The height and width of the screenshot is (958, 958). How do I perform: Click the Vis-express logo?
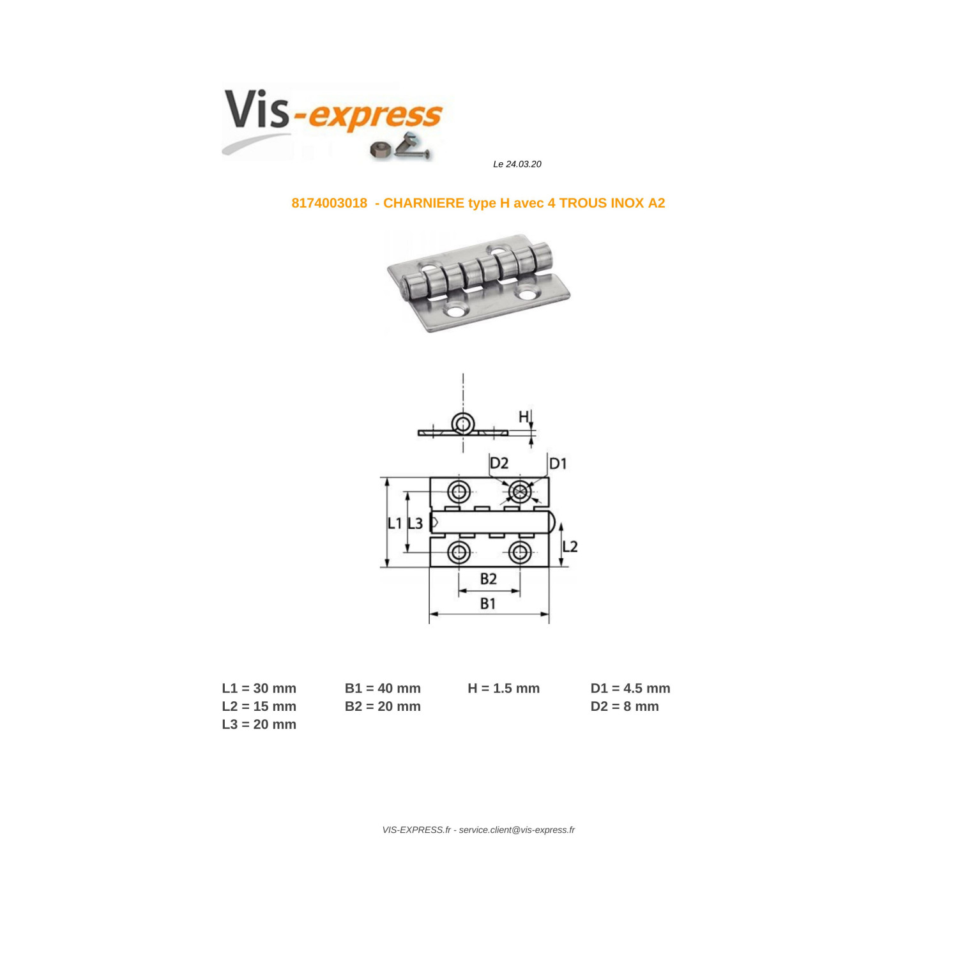[x=332, y=123]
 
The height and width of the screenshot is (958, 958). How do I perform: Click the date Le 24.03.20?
[x=517, y=164]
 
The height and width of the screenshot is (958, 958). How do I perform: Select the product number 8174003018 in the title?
[x=330, y=203]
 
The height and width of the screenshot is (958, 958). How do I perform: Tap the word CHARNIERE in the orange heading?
[x=423, y=203]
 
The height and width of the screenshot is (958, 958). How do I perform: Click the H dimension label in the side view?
[x=524, y=417]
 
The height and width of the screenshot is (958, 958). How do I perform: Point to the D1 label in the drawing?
[x=558, y=463]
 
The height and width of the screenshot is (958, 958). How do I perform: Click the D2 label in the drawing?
[x=499, y=463]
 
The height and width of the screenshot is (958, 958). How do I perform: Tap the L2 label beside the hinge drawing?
[x=570, y=546]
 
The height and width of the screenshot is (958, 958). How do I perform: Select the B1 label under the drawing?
[x=488, y=604]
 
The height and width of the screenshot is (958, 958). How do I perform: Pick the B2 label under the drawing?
[x=489, y=579]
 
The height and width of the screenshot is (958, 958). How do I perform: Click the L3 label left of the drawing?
[x=415, y=524]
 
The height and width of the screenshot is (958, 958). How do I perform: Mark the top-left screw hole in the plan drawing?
[x=459, y=492]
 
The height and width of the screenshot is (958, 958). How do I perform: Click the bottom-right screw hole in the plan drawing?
[x=520, y=552]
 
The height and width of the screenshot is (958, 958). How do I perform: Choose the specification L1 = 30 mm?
[x=259, y=688]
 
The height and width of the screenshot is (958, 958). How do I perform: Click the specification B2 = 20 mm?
[x=383, y=706]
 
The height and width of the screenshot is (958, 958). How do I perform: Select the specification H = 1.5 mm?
[x=503, y=688]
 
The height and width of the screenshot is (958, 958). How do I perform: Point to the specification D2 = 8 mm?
[x=625, y=706]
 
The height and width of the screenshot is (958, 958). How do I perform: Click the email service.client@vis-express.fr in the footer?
[x=517, y=830]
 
